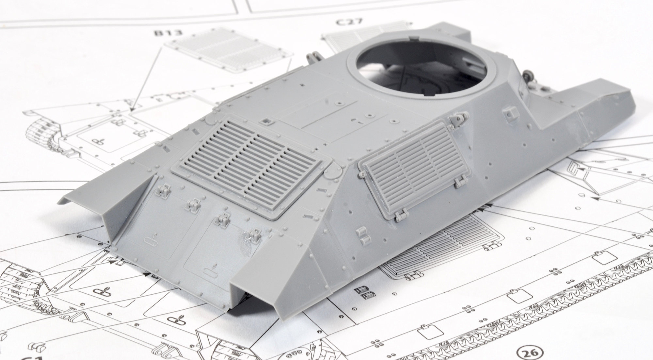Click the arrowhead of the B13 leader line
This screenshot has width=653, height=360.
133,110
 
